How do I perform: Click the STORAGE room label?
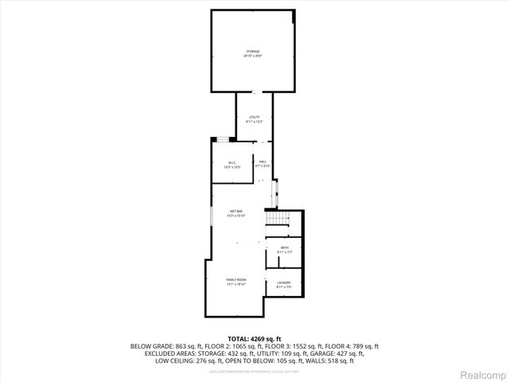coord(253,51)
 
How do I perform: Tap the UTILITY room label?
coord(254,117)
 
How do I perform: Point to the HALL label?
coord(263,162)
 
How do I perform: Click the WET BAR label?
coord(236,211)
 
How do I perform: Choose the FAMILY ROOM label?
coord(236,280)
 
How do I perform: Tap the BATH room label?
coord(285,248)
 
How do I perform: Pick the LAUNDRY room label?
coord(284,283)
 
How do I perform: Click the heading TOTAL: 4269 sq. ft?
coord(254,339)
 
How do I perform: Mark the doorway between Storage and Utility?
coord(254,92)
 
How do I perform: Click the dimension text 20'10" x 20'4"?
coord(253,56)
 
